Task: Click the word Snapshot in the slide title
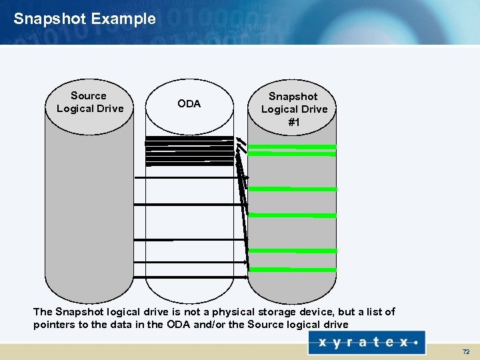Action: (49, 19)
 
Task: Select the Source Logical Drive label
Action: (89, 102)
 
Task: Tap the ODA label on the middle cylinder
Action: (189, 104)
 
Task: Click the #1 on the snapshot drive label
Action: (294, 122)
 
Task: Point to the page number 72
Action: (466, 351)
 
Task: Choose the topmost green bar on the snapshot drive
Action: (292, 147)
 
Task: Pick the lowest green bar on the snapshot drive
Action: (292, 269)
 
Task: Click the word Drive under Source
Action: (109, 109)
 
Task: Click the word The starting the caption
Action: (43, 312)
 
